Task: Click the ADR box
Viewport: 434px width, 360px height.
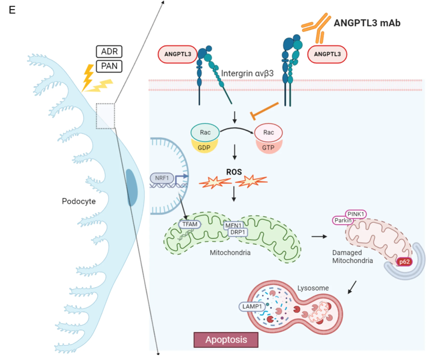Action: click(x=109, y=51)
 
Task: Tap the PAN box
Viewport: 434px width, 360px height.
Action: click(x=109, y=66)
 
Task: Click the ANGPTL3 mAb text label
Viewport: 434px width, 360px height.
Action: click(x=367, y=23)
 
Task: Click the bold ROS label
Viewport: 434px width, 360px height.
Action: click(x=234, y=172)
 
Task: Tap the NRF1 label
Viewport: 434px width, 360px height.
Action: click(x=162, y=178)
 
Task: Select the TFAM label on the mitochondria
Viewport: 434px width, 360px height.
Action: click(x=190, y=224)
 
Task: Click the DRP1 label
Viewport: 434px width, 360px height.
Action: click(x=238, y=233)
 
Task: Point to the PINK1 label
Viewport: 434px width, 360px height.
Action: click(x=356, y=214)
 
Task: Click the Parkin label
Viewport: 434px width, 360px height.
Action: click(x=343, y=221)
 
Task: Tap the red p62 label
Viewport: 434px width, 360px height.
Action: click(x=404, y=262)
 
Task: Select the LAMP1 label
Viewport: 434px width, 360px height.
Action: click(x=252, y=307)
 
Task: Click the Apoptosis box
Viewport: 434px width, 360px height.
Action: click(x=226, y=340)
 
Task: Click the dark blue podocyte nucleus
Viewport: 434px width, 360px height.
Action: click(x=132, y=188)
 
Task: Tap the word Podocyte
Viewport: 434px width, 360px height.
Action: click(x=79, y=201)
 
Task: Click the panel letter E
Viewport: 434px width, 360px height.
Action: click(x=12, y=10)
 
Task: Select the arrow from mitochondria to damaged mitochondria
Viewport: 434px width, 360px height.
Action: click(x=319, y=237)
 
